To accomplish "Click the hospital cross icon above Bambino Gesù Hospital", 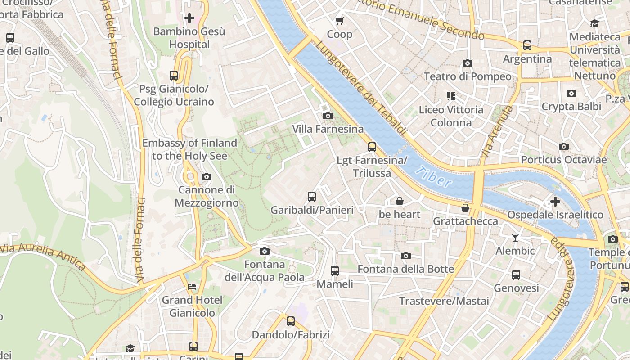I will pos(189,18).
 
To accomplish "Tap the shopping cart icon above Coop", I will pos(340,21).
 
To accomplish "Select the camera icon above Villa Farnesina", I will pos(328,116).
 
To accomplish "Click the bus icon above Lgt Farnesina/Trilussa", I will pos(372,147).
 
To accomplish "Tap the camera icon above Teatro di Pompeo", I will pos(468,63).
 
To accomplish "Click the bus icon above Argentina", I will pos(527,45).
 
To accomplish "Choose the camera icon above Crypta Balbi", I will pos(571,94).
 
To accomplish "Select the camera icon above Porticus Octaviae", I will pos(563,147).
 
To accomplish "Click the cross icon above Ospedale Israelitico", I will pos(555,201).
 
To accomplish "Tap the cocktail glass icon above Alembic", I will pos(515,237).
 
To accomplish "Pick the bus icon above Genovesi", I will pos(516,274).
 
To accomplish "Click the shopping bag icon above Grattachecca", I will pos(465,208).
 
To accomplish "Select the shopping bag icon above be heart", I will pos(399,201).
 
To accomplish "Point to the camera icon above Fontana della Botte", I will pos(406,256).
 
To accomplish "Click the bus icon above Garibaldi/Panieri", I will pos(312,196).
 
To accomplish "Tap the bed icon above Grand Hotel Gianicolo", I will pos(192,286).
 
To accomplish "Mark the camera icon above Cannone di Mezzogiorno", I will pos(207,176).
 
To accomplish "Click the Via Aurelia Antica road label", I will pos(43,257).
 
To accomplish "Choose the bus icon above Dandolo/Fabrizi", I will pos(291,321).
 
